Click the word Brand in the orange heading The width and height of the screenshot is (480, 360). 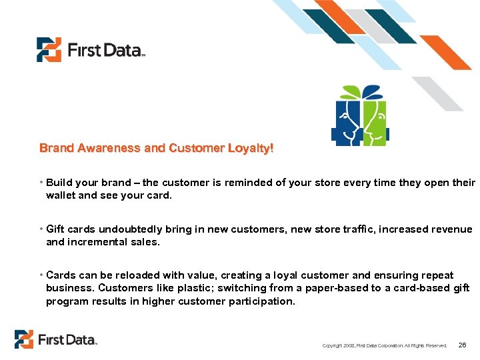(57, 148)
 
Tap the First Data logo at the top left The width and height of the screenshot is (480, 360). (91, 50)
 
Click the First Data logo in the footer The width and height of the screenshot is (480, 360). (56, 339)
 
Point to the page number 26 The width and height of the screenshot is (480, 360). (463, 345)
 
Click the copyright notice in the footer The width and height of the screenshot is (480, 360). (384, 345)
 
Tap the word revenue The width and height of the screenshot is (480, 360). (450, 229)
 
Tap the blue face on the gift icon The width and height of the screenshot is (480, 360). (348, 121)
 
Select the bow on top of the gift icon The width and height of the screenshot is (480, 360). (361, 92)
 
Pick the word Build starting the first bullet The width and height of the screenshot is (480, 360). (59, 183)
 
